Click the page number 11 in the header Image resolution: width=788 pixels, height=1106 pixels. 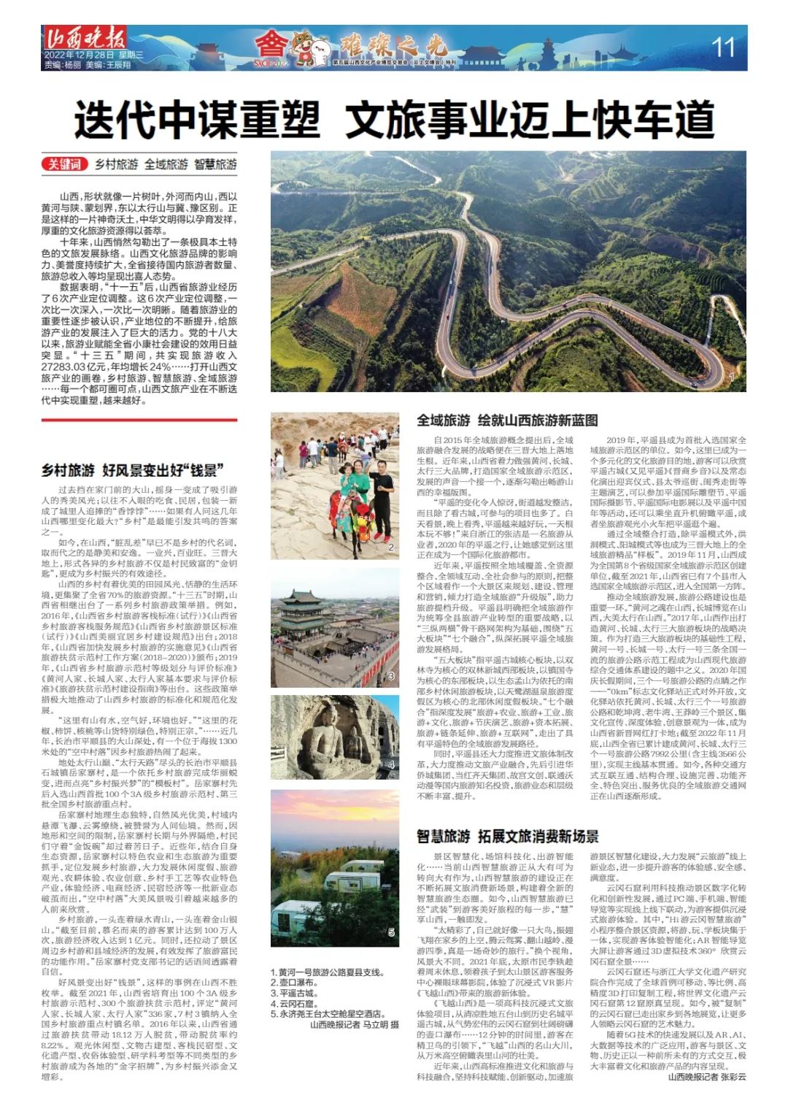[x=722, y=47]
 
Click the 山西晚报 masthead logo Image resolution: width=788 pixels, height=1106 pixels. [x=85, y=37]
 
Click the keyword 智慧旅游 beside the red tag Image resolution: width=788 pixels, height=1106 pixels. [x=215, y=164]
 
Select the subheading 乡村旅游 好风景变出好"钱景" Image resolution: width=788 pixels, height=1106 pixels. [x=132, y=469]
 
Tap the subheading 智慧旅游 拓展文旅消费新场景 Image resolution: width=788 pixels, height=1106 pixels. [x=508, y=836]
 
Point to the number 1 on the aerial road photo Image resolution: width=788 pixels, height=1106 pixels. [x=731, y=377]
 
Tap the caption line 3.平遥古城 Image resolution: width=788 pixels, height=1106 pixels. [x=295, y=993]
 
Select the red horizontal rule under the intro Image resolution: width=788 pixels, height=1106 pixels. [x=139, y=420]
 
